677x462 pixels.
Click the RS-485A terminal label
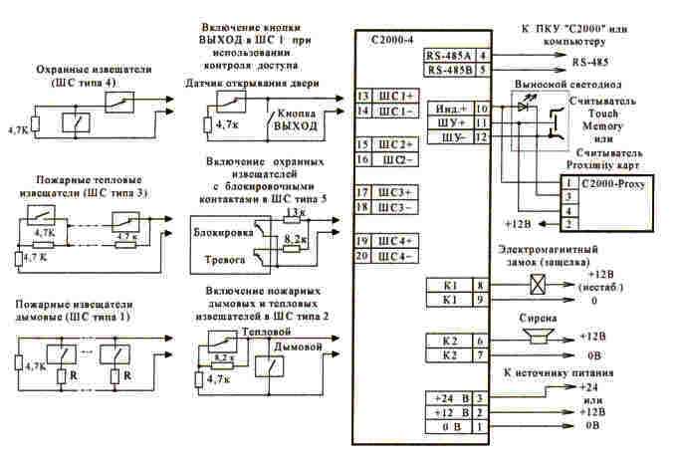pos(447,56)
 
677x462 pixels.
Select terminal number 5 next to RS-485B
pos(482,71)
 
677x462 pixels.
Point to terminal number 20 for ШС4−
pos(362,257)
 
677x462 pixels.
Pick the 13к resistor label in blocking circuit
pos(294,212)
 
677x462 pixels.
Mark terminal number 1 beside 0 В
pos(482,426)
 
